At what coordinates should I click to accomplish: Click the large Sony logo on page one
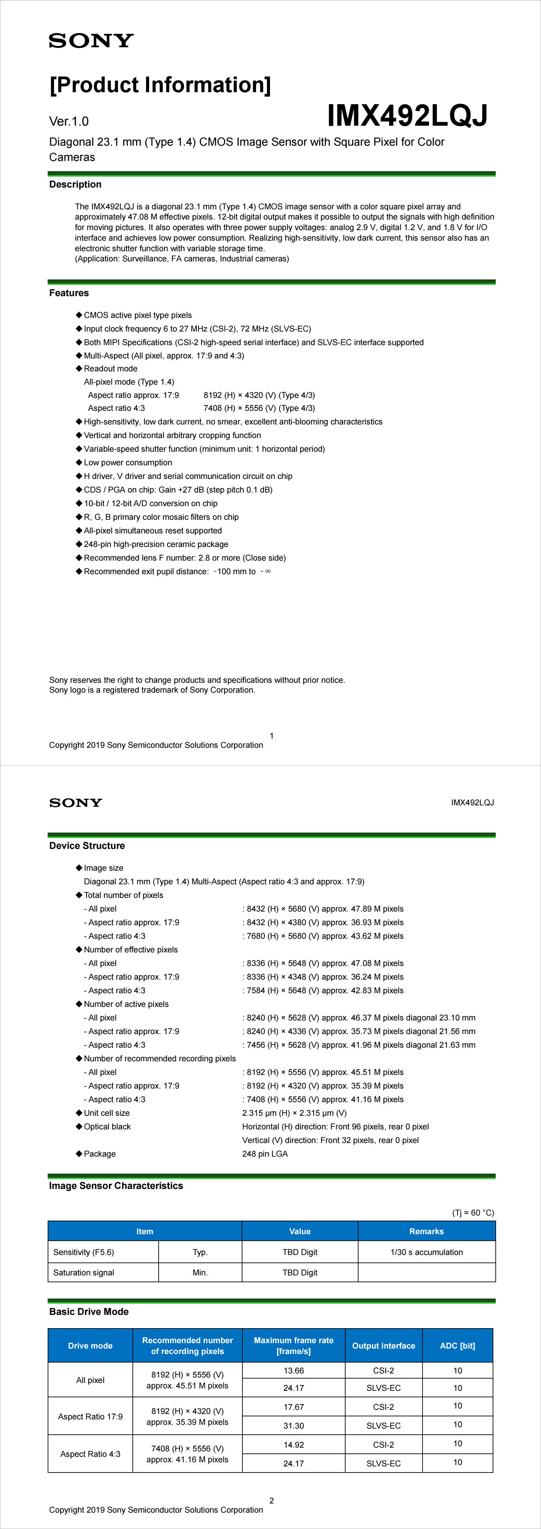(x=91, y=41)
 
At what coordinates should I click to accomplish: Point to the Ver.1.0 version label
(x=69, y=122)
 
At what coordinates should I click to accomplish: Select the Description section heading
(x=76, y=184)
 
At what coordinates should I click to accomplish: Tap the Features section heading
(x=69, y=293)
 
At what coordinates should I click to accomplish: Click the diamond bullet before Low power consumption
(x=79, y=462)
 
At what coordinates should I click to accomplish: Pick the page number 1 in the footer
(x=271, y=736)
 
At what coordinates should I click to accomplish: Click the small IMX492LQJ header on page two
(x=472, y=803)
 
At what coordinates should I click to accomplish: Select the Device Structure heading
(x=87, y=846)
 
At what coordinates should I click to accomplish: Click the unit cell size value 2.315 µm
(x=294, y=1113)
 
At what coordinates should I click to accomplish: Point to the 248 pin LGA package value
(x=265, y=1154)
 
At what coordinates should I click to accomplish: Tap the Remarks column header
(x=426, y=1232)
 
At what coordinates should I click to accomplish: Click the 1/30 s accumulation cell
(x=426, y=1252)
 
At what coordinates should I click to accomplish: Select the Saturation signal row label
(x=84, y=1273)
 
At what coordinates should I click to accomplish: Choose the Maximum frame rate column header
(x=293, y=1346)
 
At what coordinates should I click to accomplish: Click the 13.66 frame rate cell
(x=293, y=1370)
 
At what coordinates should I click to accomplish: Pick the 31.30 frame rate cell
(x=293, y=1426)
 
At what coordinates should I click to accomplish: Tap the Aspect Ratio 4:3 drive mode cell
(x=90, y=1454)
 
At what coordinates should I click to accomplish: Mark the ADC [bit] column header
(x=457, y=1346)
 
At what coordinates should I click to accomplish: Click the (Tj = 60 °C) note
(x=473, y=1213)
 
